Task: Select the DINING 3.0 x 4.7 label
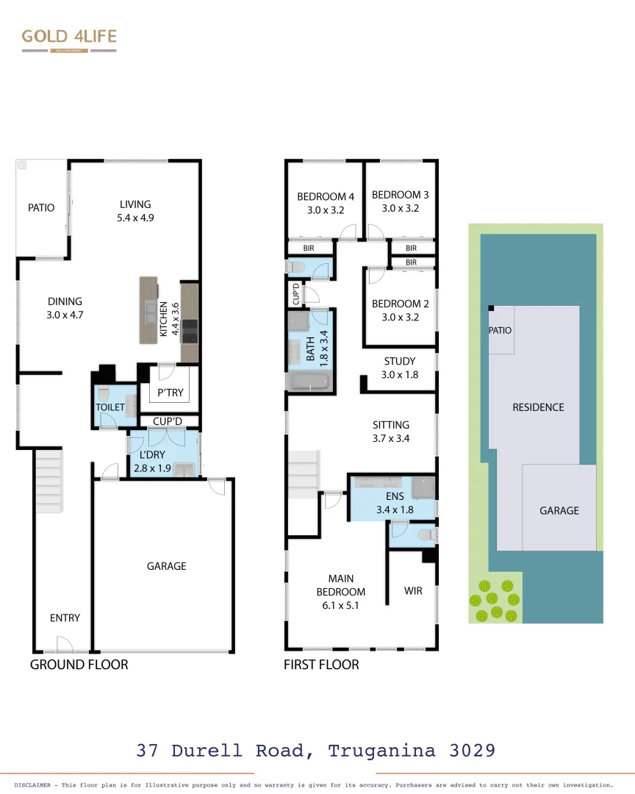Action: [x=65, y=308]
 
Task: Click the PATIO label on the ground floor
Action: [x=41, y=208]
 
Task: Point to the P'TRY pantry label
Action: [x=171, y=393]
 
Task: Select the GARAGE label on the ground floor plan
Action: [x=166, y=566]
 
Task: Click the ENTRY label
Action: [x=65, y=618]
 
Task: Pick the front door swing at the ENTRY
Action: [x=63, y=645]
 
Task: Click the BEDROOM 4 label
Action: [x=326, y=196]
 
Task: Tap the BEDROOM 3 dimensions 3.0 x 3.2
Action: [x=400, y=208]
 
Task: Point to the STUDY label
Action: [x=400, y=361]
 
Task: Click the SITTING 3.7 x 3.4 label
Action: [x=391, y=432]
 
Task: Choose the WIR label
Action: [x=413, y=590]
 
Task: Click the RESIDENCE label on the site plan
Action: [x=538, y=407]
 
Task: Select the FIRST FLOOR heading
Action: [x=321, y=665]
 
